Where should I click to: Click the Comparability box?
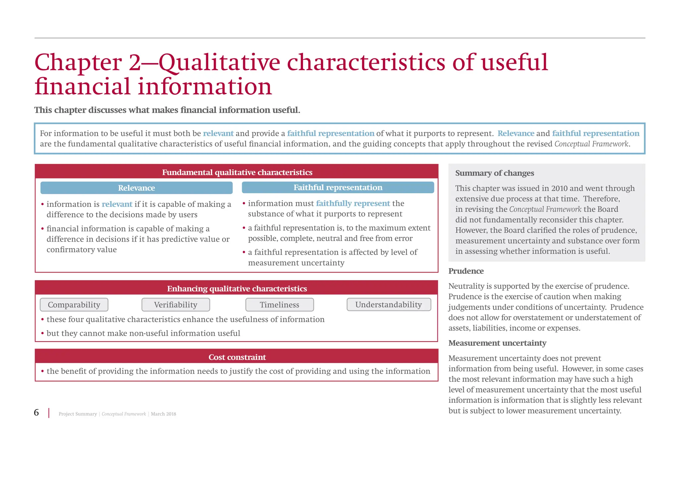(x=74, y=305)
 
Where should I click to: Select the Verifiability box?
(x=176, y=305)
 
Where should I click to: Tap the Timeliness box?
(x=279, y=305)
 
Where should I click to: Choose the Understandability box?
(x=389, y=304)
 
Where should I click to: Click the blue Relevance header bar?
(x=136, y=188)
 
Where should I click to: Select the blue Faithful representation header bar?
(x=338, y=187)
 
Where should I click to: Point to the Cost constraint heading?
(x=237, y=357)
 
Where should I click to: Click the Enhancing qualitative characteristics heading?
(x=237, y=288)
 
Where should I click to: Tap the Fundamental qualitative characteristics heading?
(x=237, y=172)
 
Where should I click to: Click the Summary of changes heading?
(x=494, y=173)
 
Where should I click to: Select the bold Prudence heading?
(x=466, y=271)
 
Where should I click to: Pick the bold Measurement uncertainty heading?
(x=497, y=343)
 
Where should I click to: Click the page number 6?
(x=36, y=412)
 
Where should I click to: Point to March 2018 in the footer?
(x=163, y=414)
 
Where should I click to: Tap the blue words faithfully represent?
(x=353, y=203)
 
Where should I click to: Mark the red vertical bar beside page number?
(x=49, y=413)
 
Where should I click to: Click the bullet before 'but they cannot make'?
(x=42, y=333)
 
